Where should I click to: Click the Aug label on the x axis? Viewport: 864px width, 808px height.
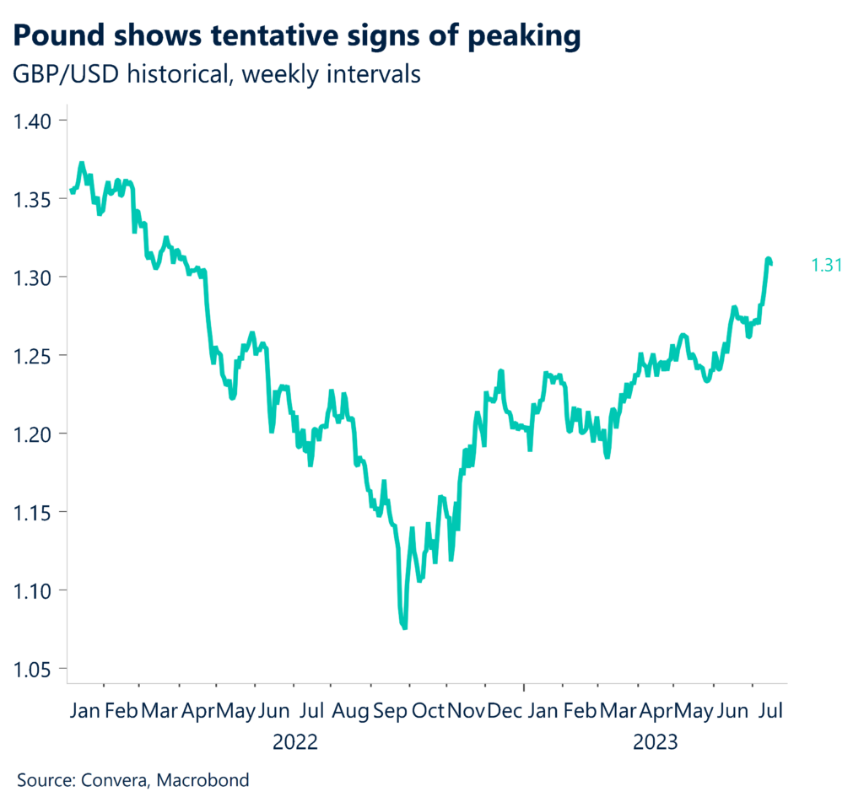click(351, 710)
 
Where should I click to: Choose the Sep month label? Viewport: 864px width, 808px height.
click(391, 710)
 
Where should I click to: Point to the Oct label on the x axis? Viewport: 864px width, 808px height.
click(428, 710)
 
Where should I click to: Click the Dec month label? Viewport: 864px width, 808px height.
click(505, 710)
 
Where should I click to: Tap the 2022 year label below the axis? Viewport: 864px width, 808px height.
click(294, 743)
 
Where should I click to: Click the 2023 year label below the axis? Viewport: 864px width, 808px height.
click(656, 743)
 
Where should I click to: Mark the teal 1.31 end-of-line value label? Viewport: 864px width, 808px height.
click(827, 266)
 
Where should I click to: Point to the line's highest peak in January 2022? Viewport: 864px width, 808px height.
click(81, 163)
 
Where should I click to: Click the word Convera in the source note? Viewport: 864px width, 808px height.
click(114, 780)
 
